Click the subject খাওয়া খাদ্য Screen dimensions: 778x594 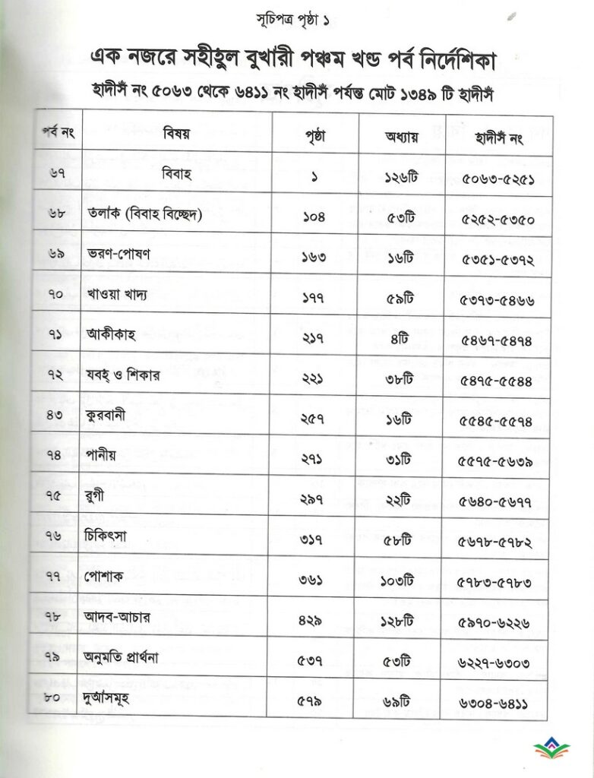click(116, 294)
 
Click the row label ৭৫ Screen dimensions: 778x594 click(55, 495)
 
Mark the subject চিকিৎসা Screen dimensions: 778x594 click(112, 535)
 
